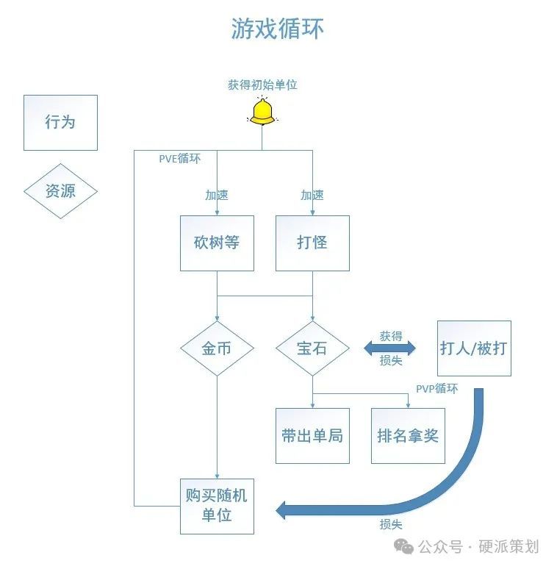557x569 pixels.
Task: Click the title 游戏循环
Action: pos(278,29)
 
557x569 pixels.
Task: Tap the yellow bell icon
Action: pos(262,112)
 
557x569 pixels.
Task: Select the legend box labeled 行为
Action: pos(60,122)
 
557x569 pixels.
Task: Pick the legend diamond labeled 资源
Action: pos(60,191)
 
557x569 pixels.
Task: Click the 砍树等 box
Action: pos(217,243)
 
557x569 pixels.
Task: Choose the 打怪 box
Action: pos(312,243)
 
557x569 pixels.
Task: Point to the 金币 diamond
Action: pos(217,348)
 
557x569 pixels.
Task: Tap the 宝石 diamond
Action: pos(312,348)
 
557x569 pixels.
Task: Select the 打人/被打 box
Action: pos(474,348)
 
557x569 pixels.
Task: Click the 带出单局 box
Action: pos(312,435)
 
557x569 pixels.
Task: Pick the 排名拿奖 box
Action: pos(408,435)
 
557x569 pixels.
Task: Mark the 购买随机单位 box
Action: pos(217,505)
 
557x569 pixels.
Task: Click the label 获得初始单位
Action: pos(262,85)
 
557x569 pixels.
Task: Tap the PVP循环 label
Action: pos(436,388)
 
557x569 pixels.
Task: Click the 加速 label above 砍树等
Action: pos(217,196)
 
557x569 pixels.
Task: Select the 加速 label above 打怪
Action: pos(312,196)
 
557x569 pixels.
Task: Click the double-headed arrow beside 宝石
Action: pos(389,348)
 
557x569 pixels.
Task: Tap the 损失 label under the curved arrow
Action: pos(391,525)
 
